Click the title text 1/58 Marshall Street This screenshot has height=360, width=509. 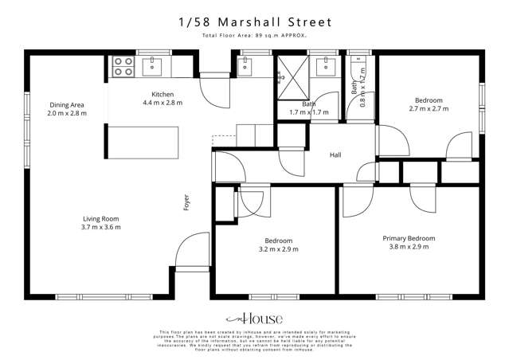pyautogui.click(x=255, y=24)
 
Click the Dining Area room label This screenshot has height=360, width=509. pyautogui.click(x=67, y=105)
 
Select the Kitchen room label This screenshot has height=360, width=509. pyautogui.click(x=162, y=95)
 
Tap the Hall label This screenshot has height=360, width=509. pyautogui.click(x=335, y=155)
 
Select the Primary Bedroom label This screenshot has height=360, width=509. pyautogui.click(x=409, y=238)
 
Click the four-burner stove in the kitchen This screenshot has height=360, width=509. pyautogui.click(x=123, y=66)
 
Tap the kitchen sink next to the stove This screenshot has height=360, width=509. pyautogui.click(x=153, y=66)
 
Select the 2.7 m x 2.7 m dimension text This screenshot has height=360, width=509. pyautogui.click(x=429, y=109)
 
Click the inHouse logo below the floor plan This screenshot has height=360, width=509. pyautogui.click(x=255, y=316)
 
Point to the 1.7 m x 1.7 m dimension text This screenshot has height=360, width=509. pyautogui.click(x=309, y=113)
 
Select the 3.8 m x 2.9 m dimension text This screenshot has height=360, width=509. pyautogui.click(x=409, y=247)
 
